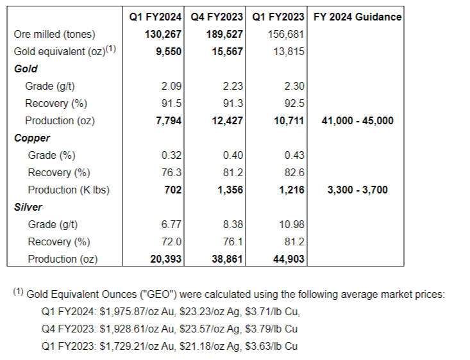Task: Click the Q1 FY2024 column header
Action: coord(153,17)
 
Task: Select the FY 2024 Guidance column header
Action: coord(358,17)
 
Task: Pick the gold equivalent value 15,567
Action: coord(227,51)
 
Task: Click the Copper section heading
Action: coord(31,138)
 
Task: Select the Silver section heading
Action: coord(29,207)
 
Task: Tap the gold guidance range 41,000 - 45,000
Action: coord(357,120)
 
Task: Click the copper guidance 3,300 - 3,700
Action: coord(357,190)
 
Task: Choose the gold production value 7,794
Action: coord(168,120)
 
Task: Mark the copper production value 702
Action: coord(172,190)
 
